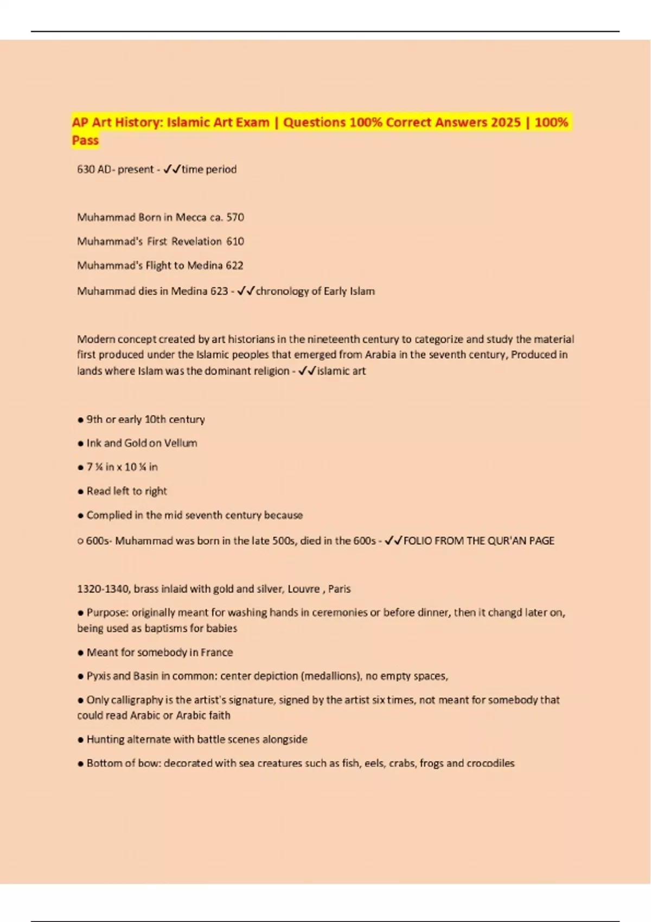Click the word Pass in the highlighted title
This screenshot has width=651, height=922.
[85, 140]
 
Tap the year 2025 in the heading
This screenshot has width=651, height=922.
[506, 123]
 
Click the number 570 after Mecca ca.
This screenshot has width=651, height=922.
[235, 217]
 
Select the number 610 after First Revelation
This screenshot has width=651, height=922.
[235, 241]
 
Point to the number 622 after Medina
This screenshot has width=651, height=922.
[234, 266]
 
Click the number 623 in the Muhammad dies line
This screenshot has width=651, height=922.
[219, 291]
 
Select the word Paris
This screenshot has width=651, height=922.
[340, 589]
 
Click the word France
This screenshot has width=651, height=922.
[216, 652]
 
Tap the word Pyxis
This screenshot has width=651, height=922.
[100, 676]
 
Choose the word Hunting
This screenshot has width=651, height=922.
[105, 739]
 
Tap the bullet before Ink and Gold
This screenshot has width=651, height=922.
[80, 444]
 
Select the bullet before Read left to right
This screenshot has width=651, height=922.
[80, 492]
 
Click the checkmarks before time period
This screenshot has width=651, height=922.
[171, 169]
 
